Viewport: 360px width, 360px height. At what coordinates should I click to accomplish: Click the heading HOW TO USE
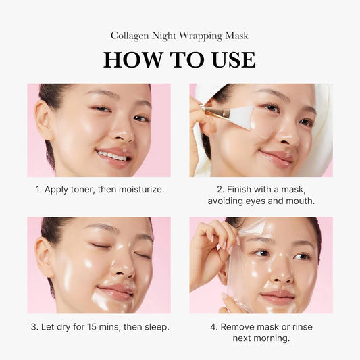click(180, 59)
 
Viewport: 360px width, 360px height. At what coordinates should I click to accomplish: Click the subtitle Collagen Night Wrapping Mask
click(180, 35)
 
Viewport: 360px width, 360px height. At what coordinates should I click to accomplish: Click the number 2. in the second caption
click(220, 190)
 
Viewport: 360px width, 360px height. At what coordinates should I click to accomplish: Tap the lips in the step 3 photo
click(115, 292)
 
